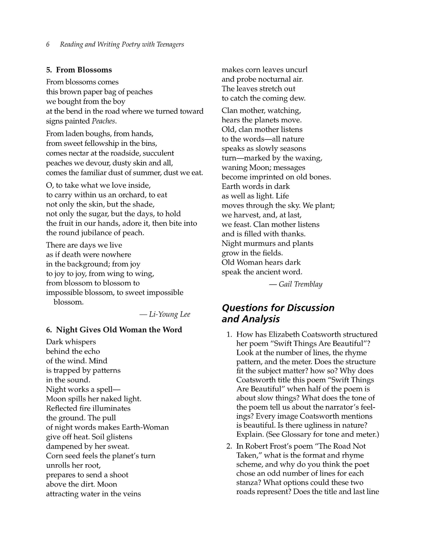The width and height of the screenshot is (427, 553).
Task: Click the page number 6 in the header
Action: coord(48,44)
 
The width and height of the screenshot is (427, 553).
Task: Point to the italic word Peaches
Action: coord(103,121)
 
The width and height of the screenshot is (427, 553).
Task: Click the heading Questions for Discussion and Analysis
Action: coord(278,313)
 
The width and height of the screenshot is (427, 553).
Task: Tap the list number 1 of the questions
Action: coord(229,334)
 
